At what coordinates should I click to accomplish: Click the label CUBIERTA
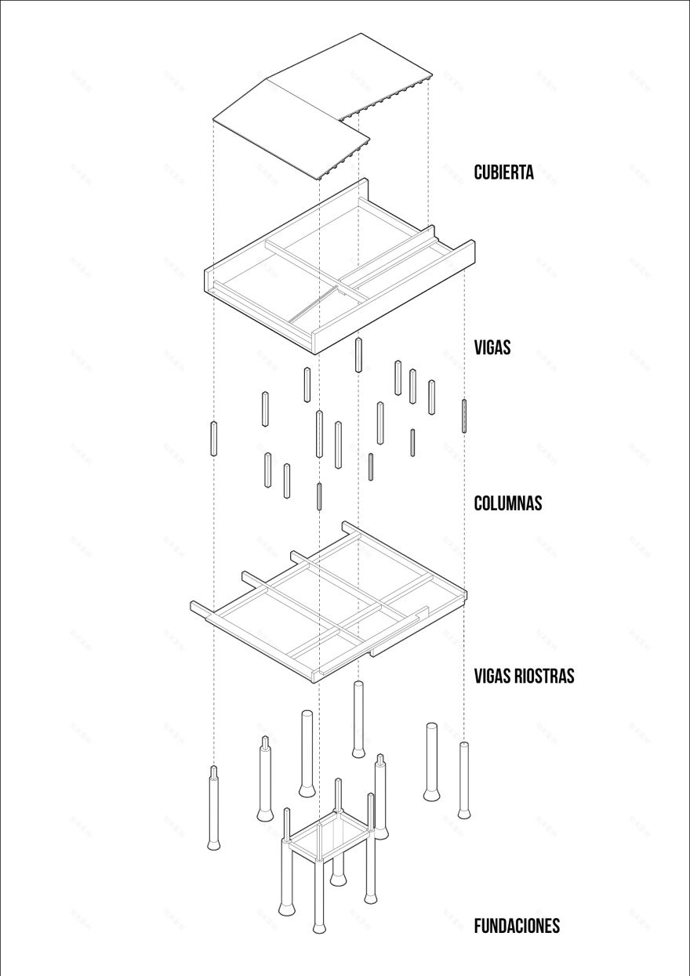[x=504, y=172]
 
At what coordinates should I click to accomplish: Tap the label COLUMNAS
[x=508, y=503]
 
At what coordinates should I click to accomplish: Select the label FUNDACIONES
[x=517, y=926]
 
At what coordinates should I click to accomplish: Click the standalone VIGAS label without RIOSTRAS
[x=492, y=347]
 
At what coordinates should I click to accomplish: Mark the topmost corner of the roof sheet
[x=361, y=33]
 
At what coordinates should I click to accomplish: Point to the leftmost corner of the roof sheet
[x=213, y=119]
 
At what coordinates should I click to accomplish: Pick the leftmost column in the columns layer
[x=213, y=438]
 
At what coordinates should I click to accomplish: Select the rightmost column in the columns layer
[x=464, y=415]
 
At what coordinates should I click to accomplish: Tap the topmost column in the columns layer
[x=358, y=354]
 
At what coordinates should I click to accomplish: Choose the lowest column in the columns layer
[x=319, y=496]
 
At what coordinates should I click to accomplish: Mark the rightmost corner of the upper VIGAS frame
[x=474, y=241]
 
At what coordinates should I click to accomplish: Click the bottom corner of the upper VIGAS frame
[x=314, y=354]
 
